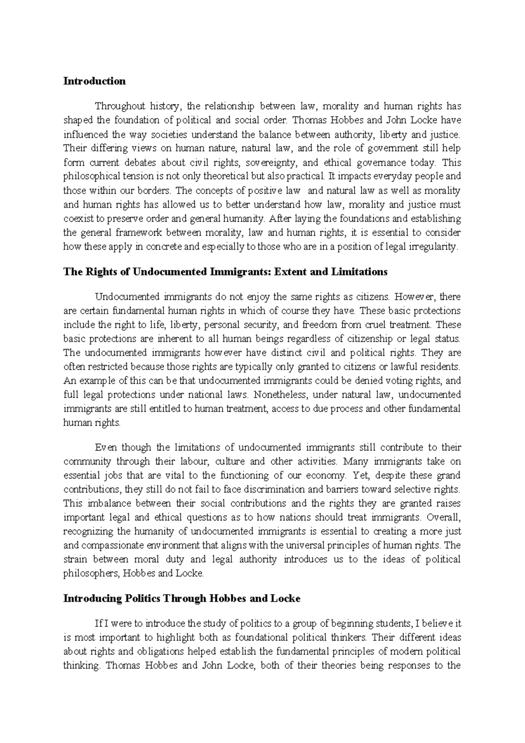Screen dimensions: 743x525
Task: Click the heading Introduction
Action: coord(94,81)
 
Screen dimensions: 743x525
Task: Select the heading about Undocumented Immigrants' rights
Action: coord(225,272)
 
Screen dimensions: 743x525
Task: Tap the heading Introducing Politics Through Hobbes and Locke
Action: coord(182,598)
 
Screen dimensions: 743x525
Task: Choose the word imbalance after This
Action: coord(98,503)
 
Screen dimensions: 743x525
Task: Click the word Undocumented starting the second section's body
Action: coord(128,297)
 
